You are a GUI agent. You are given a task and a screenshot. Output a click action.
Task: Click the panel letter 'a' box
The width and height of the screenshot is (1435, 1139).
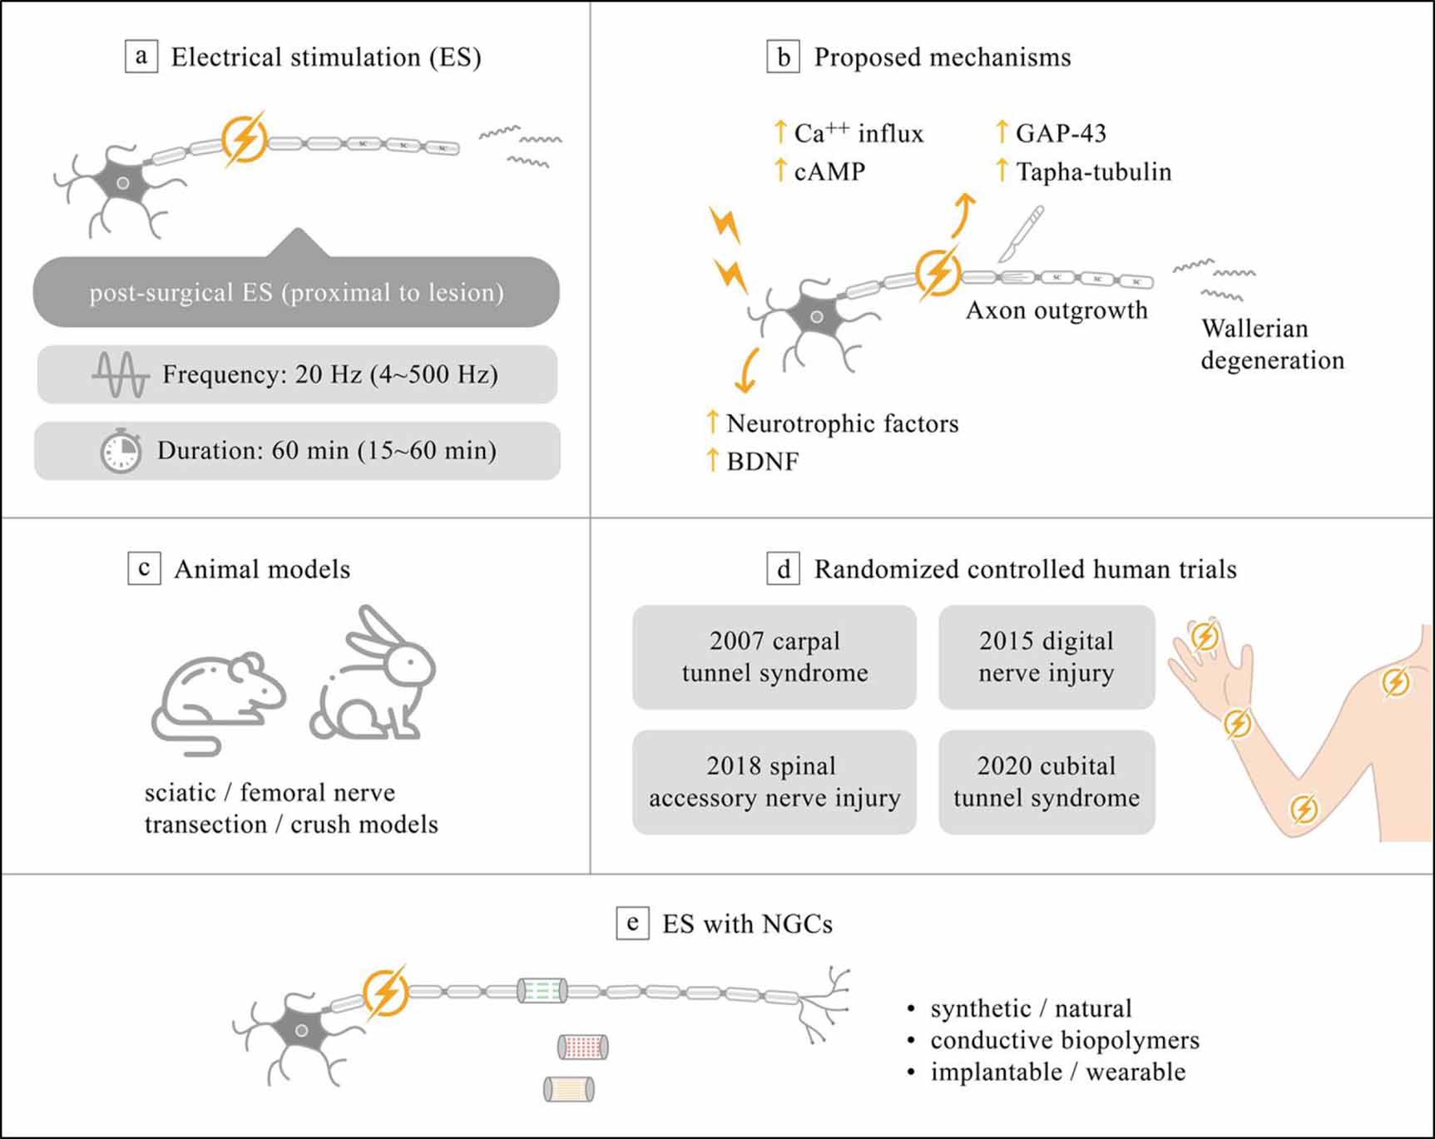[141, 57]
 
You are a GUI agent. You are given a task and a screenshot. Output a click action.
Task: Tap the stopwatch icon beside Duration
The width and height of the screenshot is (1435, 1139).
[121, 451]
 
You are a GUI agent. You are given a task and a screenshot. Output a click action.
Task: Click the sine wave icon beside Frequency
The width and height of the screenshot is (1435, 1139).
[120, 374]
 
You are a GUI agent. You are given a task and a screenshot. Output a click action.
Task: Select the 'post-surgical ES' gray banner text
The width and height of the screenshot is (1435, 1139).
[296, 292]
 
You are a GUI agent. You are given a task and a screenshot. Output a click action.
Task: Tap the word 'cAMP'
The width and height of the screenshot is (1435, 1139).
[829, 171]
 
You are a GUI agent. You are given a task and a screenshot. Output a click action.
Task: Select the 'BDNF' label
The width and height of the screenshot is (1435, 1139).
[762, 461]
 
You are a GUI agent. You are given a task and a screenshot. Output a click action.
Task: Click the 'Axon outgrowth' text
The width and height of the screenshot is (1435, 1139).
[1056, 310]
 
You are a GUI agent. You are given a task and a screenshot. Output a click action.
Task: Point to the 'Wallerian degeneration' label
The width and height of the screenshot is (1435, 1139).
[1271, 344]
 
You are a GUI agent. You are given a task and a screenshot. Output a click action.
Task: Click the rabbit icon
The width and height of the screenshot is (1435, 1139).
[374, 674]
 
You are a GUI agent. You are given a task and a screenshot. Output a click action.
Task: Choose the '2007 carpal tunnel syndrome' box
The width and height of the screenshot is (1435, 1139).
[774, 656]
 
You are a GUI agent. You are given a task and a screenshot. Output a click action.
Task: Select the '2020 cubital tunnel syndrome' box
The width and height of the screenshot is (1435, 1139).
[1047, 781]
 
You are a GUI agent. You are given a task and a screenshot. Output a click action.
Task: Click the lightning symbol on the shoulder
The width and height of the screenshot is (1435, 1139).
[1395, 682]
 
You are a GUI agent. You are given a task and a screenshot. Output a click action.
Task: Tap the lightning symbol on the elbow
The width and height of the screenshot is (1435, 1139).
[1303, 808]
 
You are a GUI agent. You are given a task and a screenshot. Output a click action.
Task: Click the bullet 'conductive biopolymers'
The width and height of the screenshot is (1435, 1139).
[1064, 1040]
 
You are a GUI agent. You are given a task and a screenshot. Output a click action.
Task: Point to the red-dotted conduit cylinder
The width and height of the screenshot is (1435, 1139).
[582, 1046]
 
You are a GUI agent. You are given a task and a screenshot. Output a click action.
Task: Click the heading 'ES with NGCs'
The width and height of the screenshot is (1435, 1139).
[746, 924]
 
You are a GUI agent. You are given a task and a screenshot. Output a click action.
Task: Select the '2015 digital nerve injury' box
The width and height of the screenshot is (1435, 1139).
[1047, 656]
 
